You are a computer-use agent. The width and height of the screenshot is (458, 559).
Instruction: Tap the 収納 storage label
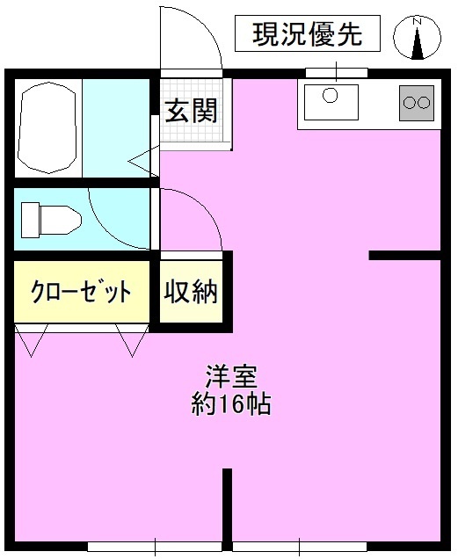[190, 292]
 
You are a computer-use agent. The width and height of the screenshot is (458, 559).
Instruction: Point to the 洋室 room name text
[230, 378]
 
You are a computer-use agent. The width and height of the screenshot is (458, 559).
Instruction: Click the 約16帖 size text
[230, 404]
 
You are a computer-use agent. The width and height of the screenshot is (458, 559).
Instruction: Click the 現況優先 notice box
[309, 35]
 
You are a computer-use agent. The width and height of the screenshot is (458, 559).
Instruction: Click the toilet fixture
[48, 216]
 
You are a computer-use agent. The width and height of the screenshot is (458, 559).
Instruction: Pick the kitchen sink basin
[331, 102]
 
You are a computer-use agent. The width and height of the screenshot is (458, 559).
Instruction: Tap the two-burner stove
[417, 103]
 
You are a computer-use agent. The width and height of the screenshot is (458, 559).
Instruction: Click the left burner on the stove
[410, 103]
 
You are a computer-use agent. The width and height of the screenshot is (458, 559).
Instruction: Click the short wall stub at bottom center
[227, 505]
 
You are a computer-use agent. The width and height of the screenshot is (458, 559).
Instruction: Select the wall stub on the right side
[404, 256]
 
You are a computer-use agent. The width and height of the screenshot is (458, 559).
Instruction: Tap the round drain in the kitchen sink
[331, 95]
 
